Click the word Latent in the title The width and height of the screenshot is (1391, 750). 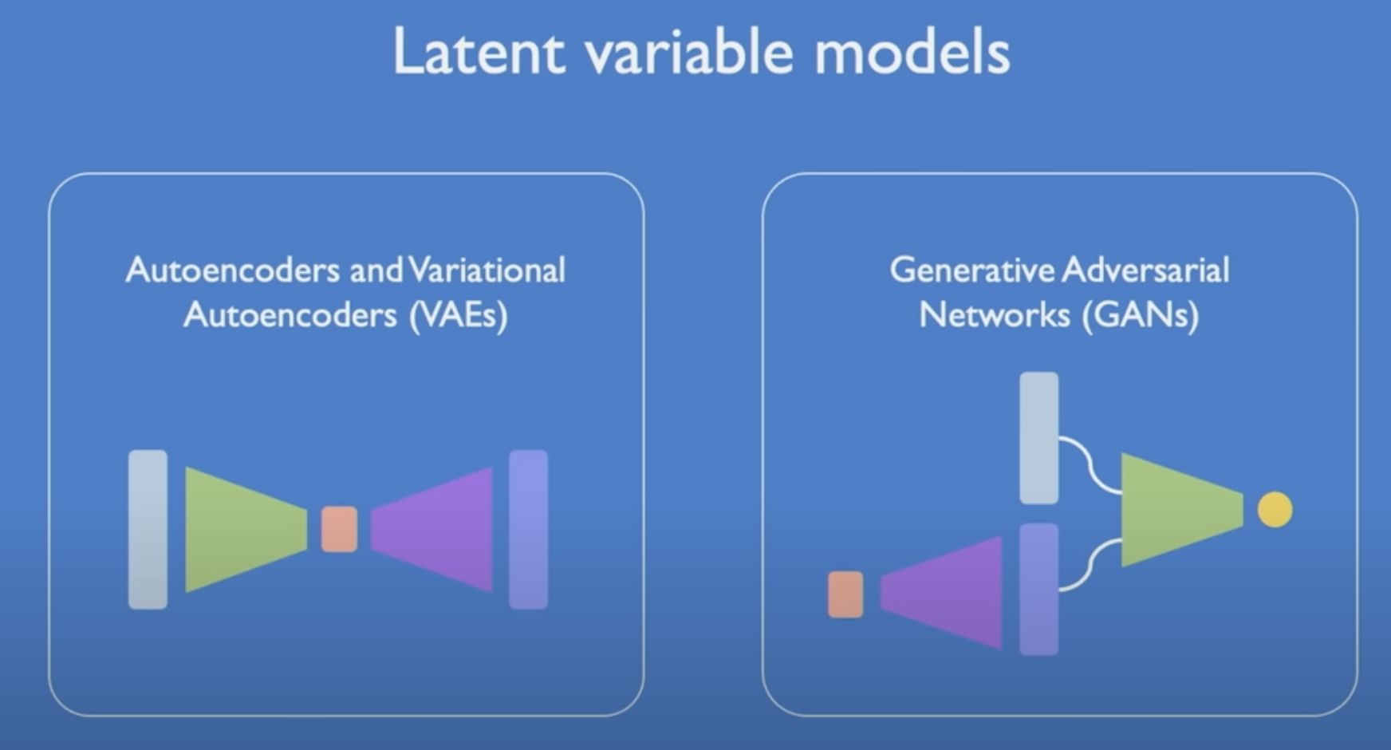tap(479, 53)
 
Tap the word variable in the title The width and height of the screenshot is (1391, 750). tap(688, 53)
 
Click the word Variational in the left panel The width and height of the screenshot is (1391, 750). tap(487, 270)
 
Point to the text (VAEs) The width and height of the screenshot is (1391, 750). tap(458, 315)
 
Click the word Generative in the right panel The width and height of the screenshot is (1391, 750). tap(971, 270)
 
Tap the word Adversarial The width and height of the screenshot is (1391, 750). tap(1145, 270)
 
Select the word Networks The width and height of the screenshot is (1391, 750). tap(994, 315)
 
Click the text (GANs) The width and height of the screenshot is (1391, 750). tap(1141, 315)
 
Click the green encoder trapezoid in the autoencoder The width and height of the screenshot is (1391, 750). tap(239, 530)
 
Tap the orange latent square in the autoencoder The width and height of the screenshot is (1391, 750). tap(339, 529)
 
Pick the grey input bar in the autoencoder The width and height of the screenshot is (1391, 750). tap(148, 530)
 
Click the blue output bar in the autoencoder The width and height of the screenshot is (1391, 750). tap(528, 530)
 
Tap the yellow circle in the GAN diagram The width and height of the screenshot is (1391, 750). tap(1275, 510)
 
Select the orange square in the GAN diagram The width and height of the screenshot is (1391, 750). tap(845, 594)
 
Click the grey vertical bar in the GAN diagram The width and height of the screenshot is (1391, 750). tap(1039, 438)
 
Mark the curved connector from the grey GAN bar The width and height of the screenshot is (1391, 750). tap(1090, 464)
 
